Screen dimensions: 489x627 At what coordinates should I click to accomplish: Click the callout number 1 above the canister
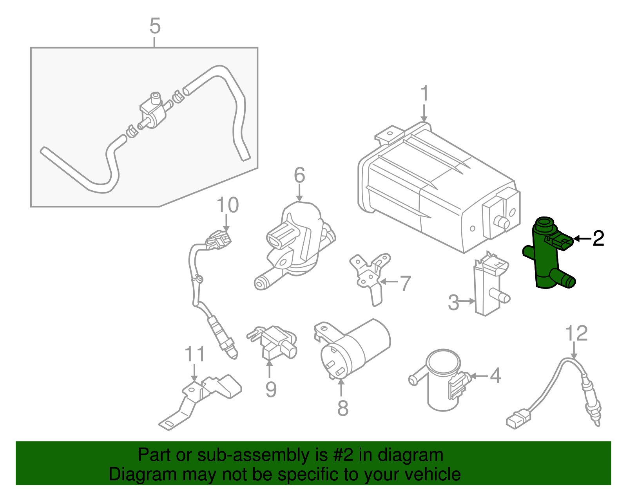click(x=424, y=94)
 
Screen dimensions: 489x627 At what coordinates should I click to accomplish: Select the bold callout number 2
click(x=598, y=238)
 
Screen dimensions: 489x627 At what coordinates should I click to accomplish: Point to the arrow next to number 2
click(x=582, y=238)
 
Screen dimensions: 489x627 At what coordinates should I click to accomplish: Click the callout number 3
click(x=453, y=303)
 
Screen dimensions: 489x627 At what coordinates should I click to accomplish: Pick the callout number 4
click(x=495, y=375)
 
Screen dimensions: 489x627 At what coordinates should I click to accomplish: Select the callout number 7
click(x=405, y=283)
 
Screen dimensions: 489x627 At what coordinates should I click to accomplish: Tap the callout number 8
click(x=342, y=408)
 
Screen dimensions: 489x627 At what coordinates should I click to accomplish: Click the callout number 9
click(x=271, y=389)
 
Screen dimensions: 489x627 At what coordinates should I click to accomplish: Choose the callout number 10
click(x=227, y=205)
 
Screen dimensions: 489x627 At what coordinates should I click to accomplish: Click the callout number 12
click(x=576, y=333)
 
